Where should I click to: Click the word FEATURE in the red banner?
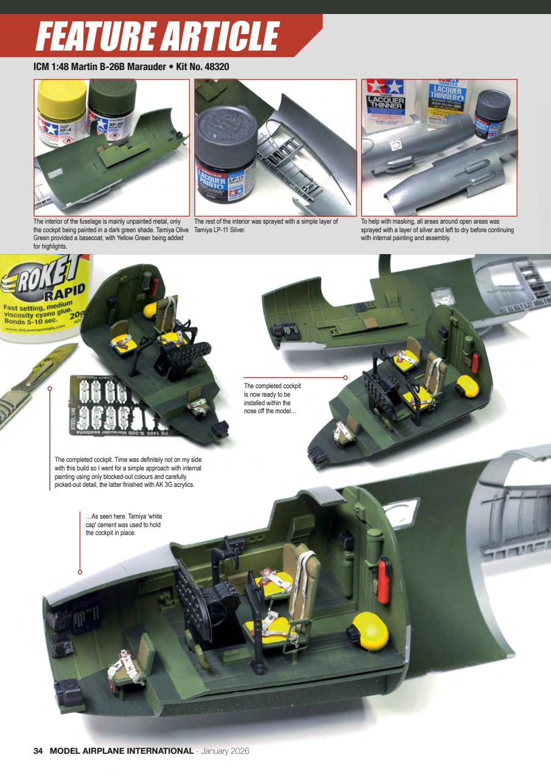tap(94, 37)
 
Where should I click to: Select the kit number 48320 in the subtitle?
tap(212, 66)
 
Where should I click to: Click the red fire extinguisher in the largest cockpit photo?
tap(385, 580)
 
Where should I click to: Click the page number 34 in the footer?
tap(38, 751)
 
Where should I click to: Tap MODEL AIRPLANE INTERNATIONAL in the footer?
tap(121, 751)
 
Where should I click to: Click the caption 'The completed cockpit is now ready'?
tap(273, 399)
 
